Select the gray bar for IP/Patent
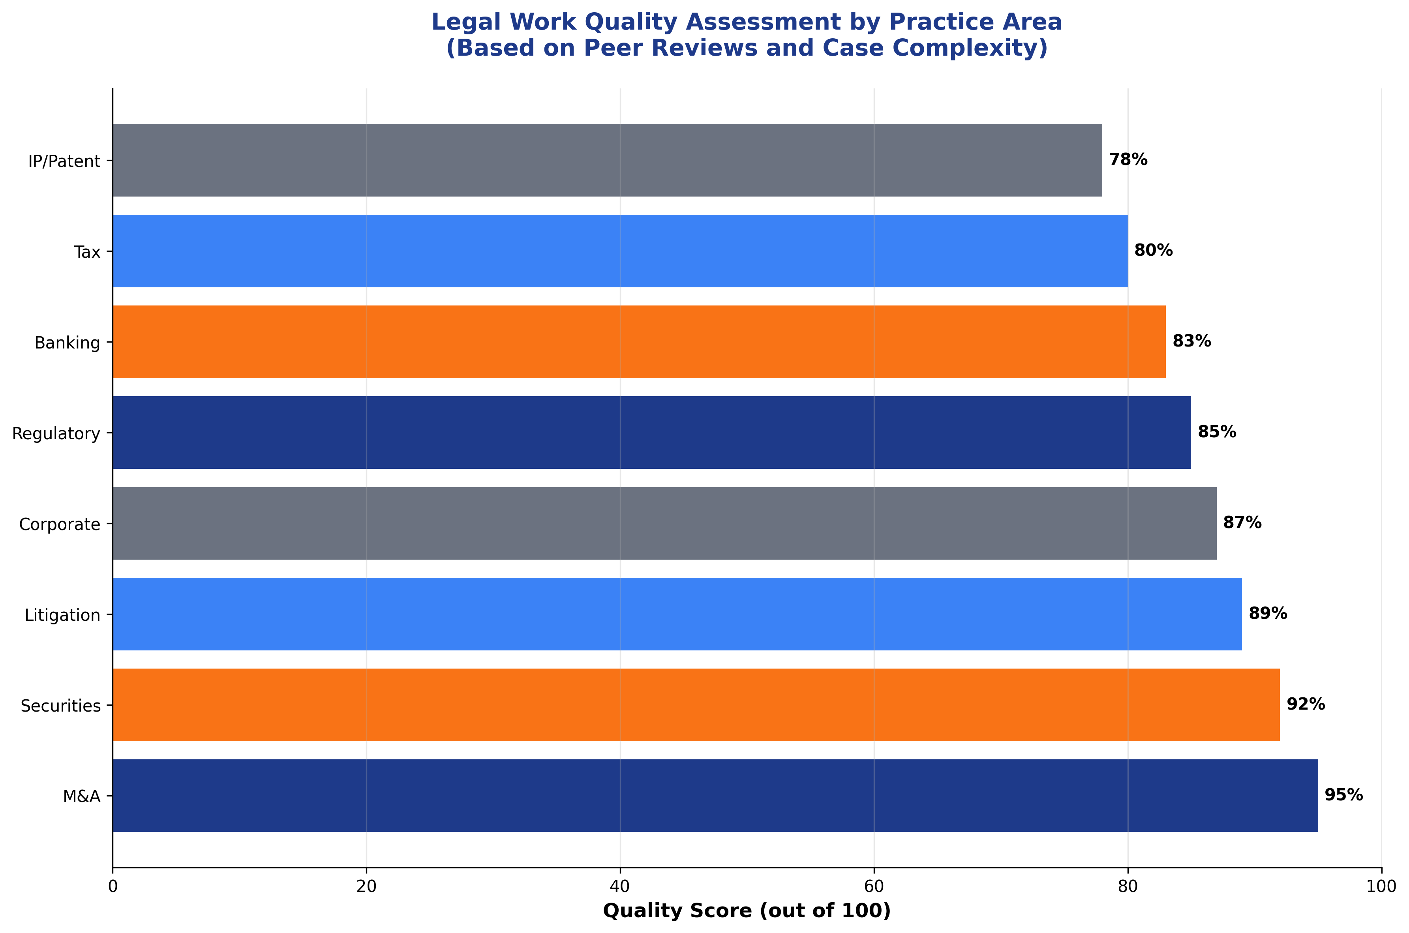point(607,160)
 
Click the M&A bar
point(715,796)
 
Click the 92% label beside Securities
point(1306,704)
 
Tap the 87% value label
point(1242,523)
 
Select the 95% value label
point(1343,795)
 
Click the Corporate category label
point(60,524)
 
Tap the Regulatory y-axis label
point(56,433)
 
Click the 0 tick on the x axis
point(113,886)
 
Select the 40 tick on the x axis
point(620,886)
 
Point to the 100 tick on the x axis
point(1381,886)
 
